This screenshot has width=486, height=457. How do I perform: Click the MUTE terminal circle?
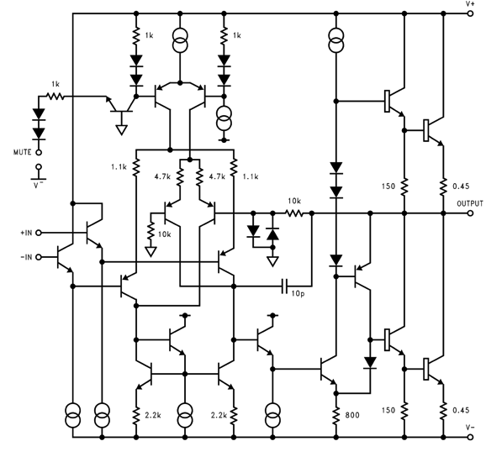(39, 152)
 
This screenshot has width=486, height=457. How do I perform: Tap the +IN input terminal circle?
(39, 233)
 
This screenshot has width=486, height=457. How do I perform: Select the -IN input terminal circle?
(39, 257)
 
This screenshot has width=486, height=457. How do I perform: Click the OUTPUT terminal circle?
(471, 213)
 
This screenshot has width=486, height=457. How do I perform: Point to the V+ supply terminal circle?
(471, 13)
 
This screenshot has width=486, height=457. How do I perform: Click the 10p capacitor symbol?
(284, 286)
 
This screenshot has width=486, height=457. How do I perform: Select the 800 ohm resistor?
(336, 415)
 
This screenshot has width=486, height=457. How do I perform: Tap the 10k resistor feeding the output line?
(294, 213)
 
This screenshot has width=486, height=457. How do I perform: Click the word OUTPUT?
(470, 203)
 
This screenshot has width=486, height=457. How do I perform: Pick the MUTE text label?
(23, 152)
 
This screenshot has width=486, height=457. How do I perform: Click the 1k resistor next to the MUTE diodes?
(55, 97)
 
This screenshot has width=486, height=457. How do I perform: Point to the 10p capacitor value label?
(298, 293)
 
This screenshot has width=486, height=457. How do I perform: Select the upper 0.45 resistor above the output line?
(443, 186)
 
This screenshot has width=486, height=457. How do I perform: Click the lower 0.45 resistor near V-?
(443, 410)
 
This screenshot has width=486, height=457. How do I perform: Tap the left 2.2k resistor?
(135, 415)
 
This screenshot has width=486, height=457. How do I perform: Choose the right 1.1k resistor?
(234, 167)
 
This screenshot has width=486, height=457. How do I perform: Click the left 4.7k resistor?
(181, 176)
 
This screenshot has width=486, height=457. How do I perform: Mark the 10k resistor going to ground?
(151, 231)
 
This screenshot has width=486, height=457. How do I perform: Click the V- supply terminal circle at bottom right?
(471, 437)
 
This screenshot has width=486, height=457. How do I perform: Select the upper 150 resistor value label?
(388, 186)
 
